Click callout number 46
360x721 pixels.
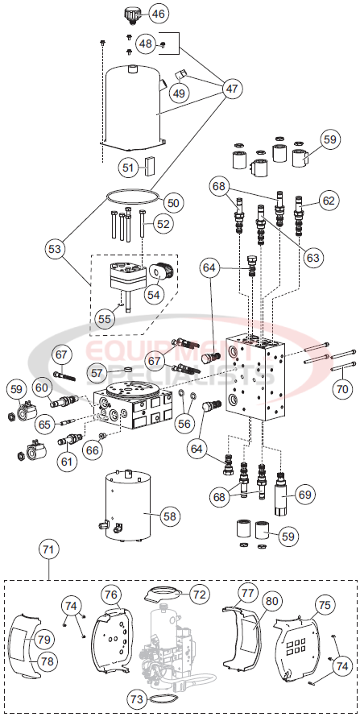(x=158, y=14)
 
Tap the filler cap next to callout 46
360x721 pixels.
(x=132, y=14)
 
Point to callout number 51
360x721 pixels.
(x=127, y=167)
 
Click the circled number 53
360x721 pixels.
(x=55, y=250)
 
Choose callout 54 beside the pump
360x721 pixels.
(x=152, y=294)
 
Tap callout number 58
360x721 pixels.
(x=168, y=515)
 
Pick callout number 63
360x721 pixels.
(x=312, y=257)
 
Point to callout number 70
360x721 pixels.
(x=342, y=388)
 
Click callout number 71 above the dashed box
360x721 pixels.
(x=49, y=550)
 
